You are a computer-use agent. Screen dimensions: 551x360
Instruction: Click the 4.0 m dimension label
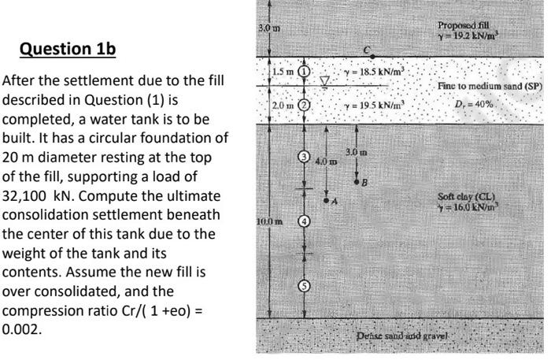coord(323,161)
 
